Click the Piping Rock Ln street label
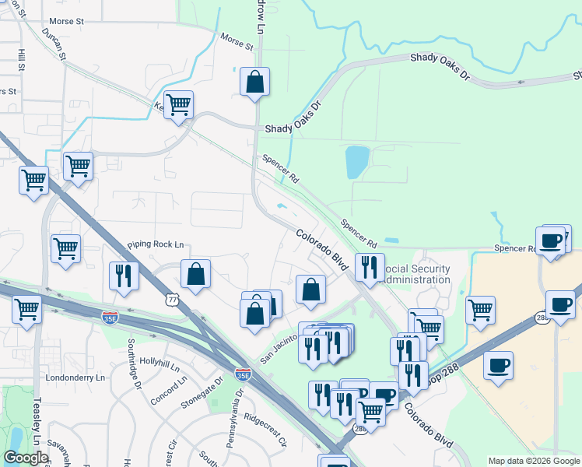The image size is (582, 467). [x=156, y=244]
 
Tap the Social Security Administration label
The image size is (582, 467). [x=418, y=274]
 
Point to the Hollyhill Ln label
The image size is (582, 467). [x=160, y=362]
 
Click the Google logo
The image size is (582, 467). [x=25, y=458]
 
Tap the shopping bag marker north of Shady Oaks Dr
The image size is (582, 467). [x=254, y=82]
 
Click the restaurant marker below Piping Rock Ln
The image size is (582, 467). [x=124, y=276]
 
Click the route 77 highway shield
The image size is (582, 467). [x=171, y=299]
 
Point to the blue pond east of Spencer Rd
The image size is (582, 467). [x=356, y=161]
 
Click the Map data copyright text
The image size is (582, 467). [x=534, y=461]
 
